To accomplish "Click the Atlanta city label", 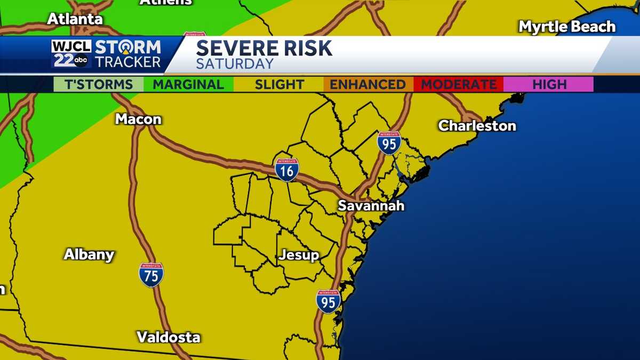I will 75,19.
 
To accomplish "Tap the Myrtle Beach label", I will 567,27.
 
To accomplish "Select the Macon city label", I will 138,119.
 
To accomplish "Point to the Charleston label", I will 477,126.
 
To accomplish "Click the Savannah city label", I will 371,205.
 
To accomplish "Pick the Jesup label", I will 299,255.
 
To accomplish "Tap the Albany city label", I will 89,254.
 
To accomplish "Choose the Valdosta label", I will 169,337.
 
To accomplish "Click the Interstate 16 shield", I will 287,170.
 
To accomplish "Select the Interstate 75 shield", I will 151,275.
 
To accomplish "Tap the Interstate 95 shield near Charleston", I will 389,143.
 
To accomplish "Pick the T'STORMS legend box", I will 99,84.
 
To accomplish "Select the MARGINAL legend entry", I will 188,84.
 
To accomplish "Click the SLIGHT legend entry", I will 279,84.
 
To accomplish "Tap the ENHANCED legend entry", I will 367,84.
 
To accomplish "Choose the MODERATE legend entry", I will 459,84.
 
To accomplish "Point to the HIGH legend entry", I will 549,84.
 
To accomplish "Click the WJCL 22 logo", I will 71,54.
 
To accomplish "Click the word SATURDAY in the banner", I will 235,64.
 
